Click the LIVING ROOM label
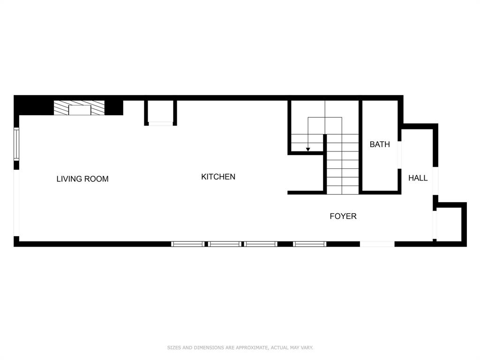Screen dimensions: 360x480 (82, 179)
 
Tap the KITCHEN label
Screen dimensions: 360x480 (218, 177)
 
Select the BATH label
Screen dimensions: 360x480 (380, 144)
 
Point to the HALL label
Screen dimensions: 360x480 (418, 178)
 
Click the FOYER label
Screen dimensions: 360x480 (343, 216)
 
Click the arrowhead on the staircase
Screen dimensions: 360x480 (308, 150)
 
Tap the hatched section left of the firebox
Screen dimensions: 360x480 (61, 108)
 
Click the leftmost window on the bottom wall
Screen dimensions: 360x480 (188, 244)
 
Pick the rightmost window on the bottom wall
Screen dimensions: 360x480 (309, 244)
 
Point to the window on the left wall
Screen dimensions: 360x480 (16, 144)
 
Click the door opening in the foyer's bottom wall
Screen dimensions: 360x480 (377, 244)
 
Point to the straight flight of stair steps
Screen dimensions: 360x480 (343, 164)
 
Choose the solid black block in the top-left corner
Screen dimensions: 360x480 (33, 105)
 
